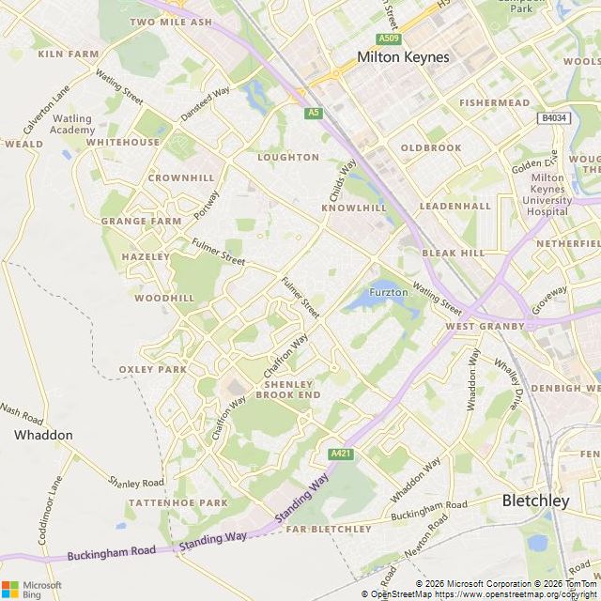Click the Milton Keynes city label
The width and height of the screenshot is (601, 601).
[x=403, y=57]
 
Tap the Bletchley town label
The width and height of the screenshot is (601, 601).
[x=535, y=501]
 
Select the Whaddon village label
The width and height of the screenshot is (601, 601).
[x=43, y=435]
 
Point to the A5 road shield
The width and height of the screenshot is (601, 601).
[x=314, y=113]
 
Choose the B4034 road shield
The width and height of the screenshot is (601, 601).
[x=554, y=118]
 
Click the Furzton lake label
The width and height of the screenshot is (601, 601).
[x=388, y=292]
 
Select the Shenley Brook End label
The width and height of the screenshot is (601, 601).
[x=292, y=390]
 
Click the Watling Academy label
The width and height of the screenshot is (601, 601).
[x=72, y=124]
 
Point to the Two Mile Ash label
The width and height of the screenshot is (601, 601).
[x=171, y=22]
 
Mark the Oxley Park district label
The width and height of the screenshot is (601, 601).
[x=153, y=369]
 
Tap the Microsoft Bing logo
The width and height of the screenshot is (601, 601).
[x=31, y=589]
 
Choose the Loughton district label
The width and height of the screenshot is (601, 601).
[x=288, y=157]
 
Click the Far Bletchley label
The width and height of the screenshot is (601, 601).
[x=329, y=530]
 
